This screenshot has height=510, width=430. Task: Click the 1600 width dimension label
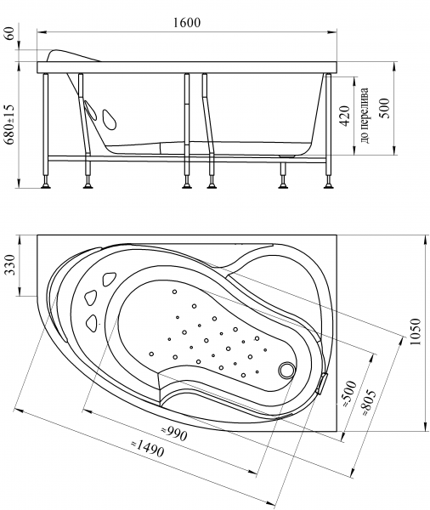[187, 22]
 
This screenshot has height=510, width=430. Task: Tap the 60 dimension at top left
[11, 33]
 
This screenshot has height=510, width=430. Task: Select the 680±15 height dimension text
[9, 124]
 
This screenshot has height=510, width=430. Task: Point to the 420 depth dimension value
[345, 116]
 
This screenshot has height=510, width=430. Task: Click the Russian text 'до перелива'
[365, 116]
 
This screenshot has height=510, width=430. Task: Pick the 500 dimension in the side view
[384, 108]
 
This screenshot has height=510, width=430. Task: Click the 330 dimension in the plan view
[11, 265]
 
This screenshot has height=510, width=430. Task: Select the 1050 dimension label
[416, 332]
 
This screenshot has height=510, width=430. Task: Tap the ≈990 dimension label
[174, 433]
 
